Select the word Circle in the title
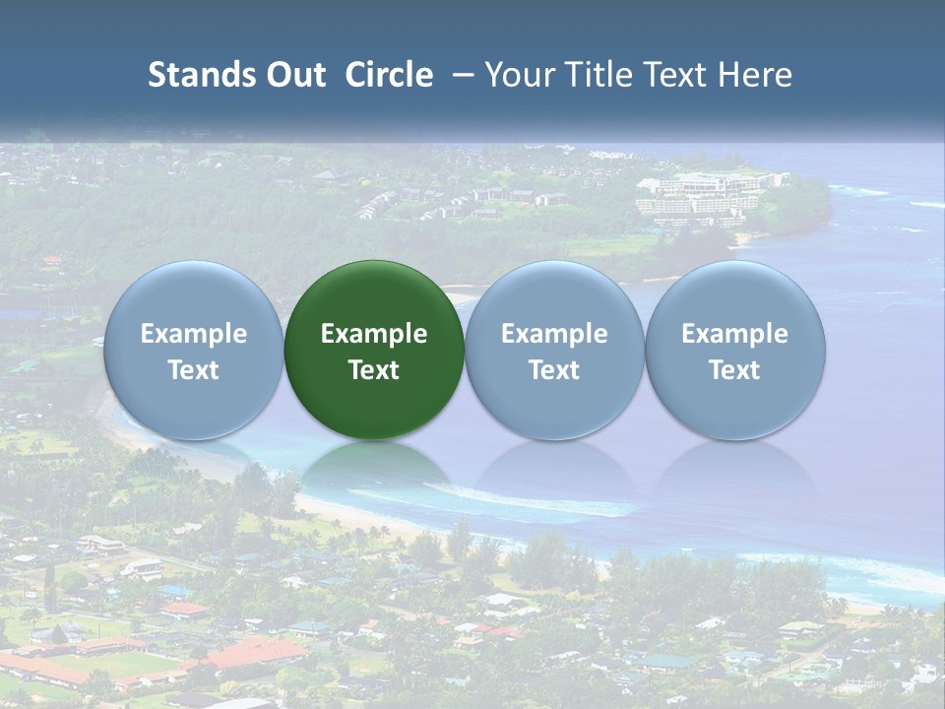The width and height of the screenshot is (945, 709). (389, 75)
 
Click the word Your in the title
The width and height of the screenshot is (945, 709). (518, 75)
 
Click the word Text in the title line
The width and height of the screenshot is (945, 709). (675, 75)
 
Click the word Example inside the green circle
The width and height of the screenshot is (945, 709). (374, 334)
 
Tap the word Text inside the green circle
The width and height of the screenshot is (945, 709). (374, 370)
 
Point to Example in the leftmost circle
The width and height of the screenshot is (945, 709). (194, 334)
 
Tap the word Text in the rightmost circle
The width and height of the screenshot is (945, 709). (735, 370)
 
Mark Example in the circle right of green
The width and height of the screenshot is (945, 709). (554, 334)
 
